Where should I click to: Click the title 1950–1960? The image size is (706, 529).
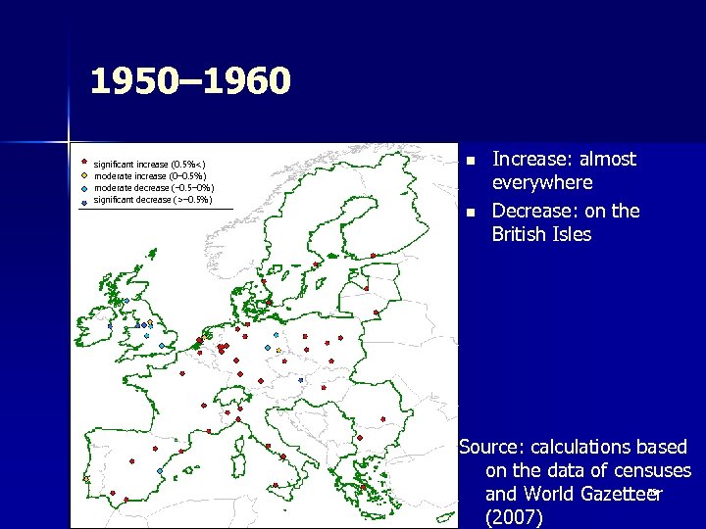click(190, 81)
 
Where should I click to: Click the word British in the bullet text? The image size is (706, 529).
click(526, 234)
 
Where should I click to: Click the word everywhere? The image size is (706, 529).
click(542, 182)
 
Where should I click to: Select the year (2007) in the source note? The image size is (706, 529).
click(513, 518)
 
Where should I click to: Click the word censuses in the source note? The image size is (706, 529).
click(652, 471)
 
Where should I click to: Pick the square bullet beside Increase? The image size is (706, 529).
click(471, 161)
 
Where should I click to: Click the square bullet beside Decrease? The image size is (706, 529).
click(471, 213)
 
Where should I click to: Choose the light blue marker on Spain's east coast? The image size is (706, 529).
click(159, 471)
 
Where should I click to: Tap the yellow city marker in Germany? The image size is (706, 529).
click(278, 350)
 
